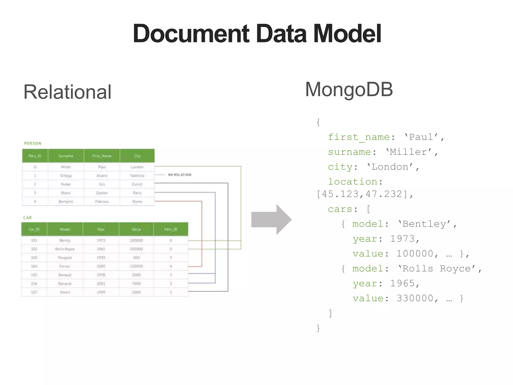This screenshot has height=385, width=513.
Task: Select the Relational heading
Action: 67,92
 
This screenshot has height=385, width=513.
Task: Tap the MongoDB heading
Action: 349,89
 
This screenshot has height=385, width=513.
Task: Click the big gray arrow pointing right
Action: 271,220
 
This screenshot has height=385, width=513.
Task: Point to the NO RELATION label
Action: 180,175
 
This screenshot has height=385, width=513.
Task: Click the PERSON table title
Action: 33,143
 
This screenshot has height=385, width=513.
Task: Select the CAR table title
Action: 28,218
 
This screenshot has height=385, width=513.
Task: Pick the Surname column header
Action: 66,156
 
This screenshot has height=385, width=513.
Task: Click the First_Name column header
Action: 102,156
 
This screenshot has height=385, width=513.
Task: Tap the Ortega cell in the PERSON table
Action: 66,175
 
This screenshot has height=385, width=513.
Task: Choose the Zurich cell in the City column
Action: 137,184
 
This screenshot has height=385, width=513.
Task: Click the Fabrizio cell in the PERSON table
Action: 102,202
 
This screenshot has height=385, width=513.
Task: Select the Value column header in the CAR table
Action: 136,229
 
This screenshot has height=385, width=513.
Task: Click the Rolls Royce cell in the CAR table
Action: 65,249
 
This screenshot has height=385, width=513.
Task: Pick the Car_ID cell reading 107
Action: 34,292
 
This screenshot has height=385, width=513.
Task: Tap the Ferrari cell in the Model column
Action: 65,266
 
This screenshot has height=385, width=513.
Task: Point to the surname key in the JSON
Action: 349,152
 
